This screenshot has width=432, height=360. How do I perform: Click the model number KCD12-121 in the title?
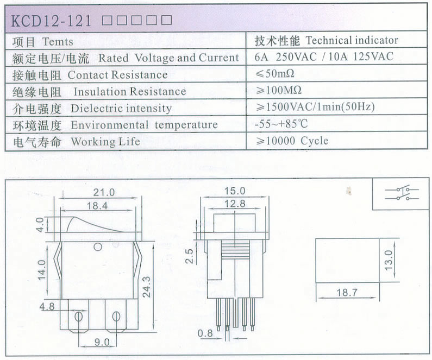point(51,21)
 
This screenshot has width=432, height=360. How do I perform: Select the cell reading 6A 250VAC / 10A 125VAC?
point(324,56)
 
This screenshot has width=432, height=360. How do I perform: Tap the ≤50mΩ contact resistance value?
point(274,74)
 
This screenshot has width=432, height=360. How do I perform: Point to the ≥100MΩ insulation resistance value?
point(278,90)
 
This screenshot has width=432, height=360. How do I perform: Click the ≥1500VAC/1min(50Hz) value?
point(315,107)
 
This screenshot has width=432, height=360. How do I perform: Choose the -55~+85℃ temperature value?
point(281,124)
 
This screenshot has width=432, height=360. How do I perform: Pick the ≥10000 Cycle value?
point(292,141)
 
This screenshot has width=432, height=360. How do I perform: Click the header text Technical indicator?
point(352,41)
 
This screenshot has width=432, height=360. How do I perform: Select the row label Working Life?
point(105,142)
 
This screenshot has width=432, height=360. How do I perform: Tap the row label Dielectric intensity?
point(121,108)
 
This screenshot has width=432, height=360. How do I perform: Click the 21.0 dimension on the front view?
point(104,192)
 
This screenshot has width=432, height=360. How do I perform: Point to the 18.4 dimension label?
point(97,206)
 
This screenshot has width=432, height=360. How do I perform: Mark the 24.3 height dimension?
point(147,287)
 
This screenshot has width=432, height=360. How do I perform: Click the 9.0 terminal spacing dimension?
point(102,343)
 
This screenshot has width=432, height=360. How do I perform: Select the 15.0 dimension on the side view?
point(235,191)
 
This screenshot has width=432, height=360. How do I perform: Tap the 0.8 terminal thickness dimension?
point(205,333)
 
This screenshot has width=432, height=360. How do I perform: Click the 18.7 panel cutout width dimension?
point(347,292)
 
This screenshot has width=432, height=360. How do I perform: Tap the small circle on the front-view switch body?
point(98,247)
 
